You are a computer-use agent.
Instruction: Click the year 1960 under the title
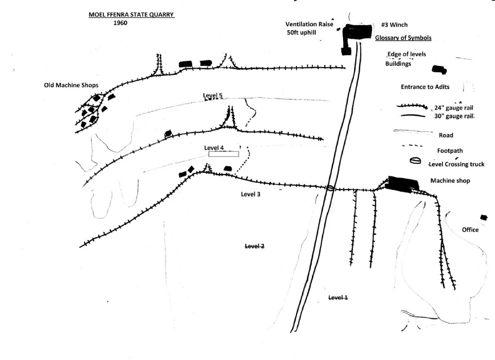click(x=121, y=23)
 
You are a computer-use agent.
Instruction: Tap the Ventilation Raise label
click(x=309, y=24)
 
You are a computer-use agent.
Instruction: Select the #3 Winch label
click(x=395, y=25)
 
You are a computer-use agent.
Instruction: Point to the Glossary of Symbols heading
click(x=403, y=38)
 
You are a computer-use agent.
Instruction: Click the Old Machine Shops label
click(x=71, y=85)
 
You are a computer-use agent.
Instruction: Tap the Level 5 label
click(x=213, y=95)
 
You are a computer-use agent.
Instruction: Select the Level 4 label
click(x=214, y=148)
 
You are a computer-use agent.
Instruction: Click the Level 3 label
click(x=250, y=194)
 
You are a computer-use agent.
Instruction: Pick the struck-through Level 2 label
click(x=255, y=246)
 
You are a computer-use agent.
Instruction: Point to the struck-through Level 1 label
click(x=339, y=297)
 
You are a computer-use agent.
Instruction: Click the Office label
click(x=470, y=230)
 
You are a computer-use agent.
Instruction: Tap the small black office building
click(x=484, y=217)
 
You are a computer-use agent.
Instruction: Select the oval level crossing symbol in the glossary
click(x=415, y=161)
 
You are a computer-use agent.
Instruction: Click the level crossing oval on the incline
click(x=330, y=188)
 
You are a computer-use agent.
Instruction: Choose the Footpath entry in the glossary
click(x=447, y=151)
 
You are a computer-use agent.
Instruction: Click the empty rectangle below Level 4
click(x=223, y=154)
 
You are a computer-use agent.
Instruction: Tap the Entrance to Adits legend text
click(x=425, y=87)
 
